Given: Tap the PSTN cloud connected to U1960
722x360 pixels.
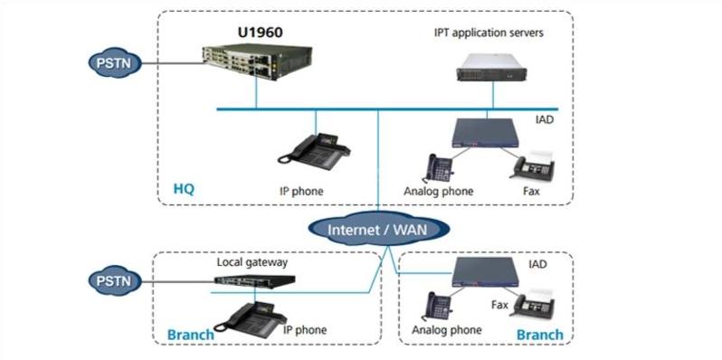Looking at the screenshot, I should click(x=112, y=64).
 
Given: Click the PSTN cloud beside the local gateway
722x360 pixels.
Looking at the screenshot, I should click(x=112, y=279).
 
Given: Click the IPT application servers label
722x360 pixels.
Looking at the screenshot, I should click(x=489, y=33).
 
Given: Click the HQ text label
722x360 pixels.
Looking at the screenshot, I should click(x=184, y=190).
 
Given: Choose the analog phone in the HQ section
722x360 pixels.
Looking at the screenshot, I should click(x=441, y=167).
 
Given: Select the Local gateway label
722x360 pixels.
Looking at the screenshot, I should click(x=252, y=262).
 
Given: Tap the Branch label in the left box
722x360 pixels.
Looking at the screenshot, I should click(x=191, y=335).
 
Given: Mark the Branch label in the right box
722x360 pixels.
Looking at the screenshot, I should click(x=540, y=335).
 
